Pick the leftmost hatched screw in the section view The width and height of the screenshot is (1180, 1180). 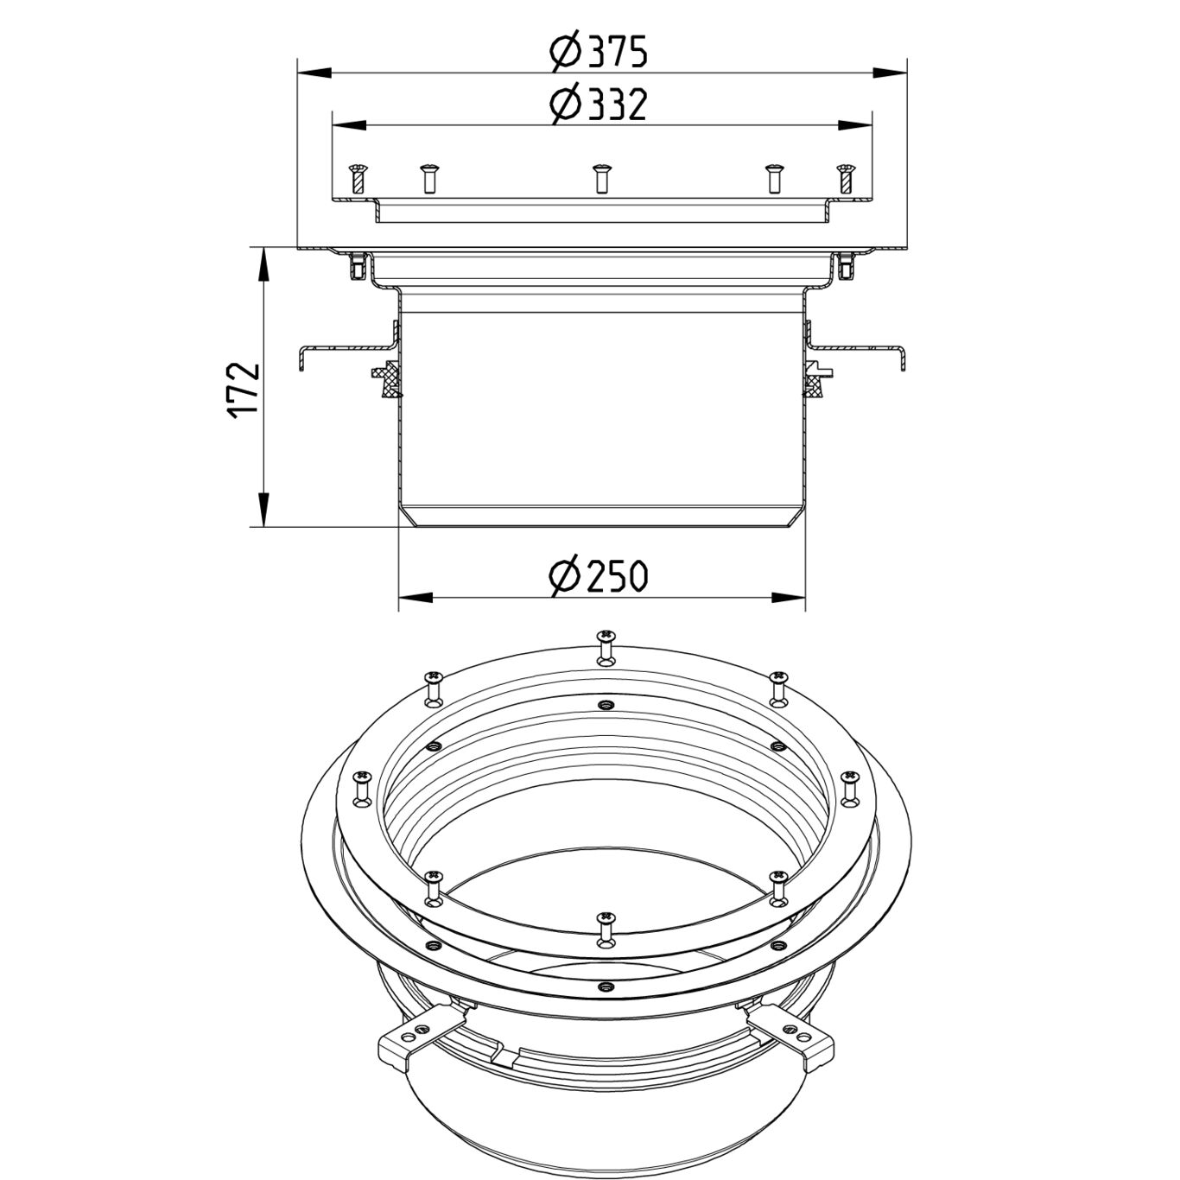coord(357,178)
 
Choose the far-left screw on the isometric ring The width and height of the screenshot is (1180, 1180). coord(361,788)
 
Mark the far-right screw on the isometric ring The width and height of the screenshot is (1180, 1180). coord(849,788)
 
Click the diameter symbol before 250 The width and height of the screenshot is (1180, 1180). coord(565,576)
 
